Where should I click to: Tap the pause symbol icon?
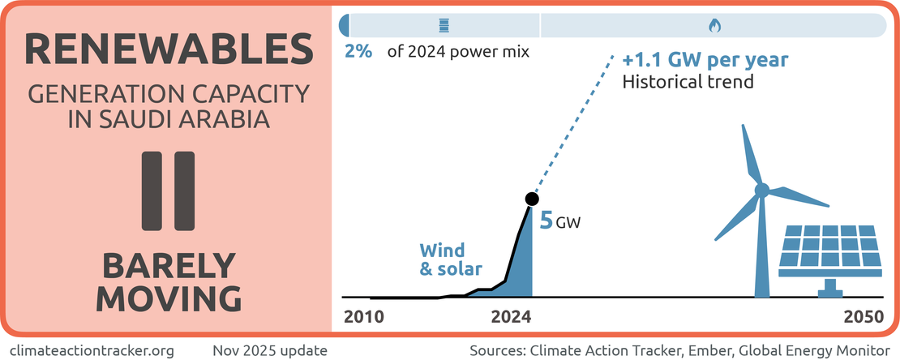(x=169, y=190)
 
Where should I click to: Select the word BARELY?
(x=169, y=265)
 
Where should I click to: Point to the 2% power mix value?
(x=358, y=53)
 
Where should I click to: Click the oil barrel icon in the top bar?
(x=443, y=26)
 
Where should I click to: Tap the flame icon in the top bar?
(x=714, y=26)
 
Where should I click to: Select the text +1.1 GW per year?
(x=705, y=61)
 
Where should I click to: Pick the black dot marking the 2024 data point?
(x=532, y=198)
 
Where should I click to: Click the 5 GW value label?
(x=560, y=218)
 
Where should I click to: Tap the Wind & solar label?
(x=451, y=259)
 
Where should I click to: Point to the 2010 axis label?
(x=364, y=317)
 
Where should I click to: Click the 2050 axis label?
(x=864, y=317)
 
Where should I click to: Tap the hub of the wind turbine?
(x=762, y=191)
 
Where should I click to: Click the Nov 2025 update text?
(x=270, y=350)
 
